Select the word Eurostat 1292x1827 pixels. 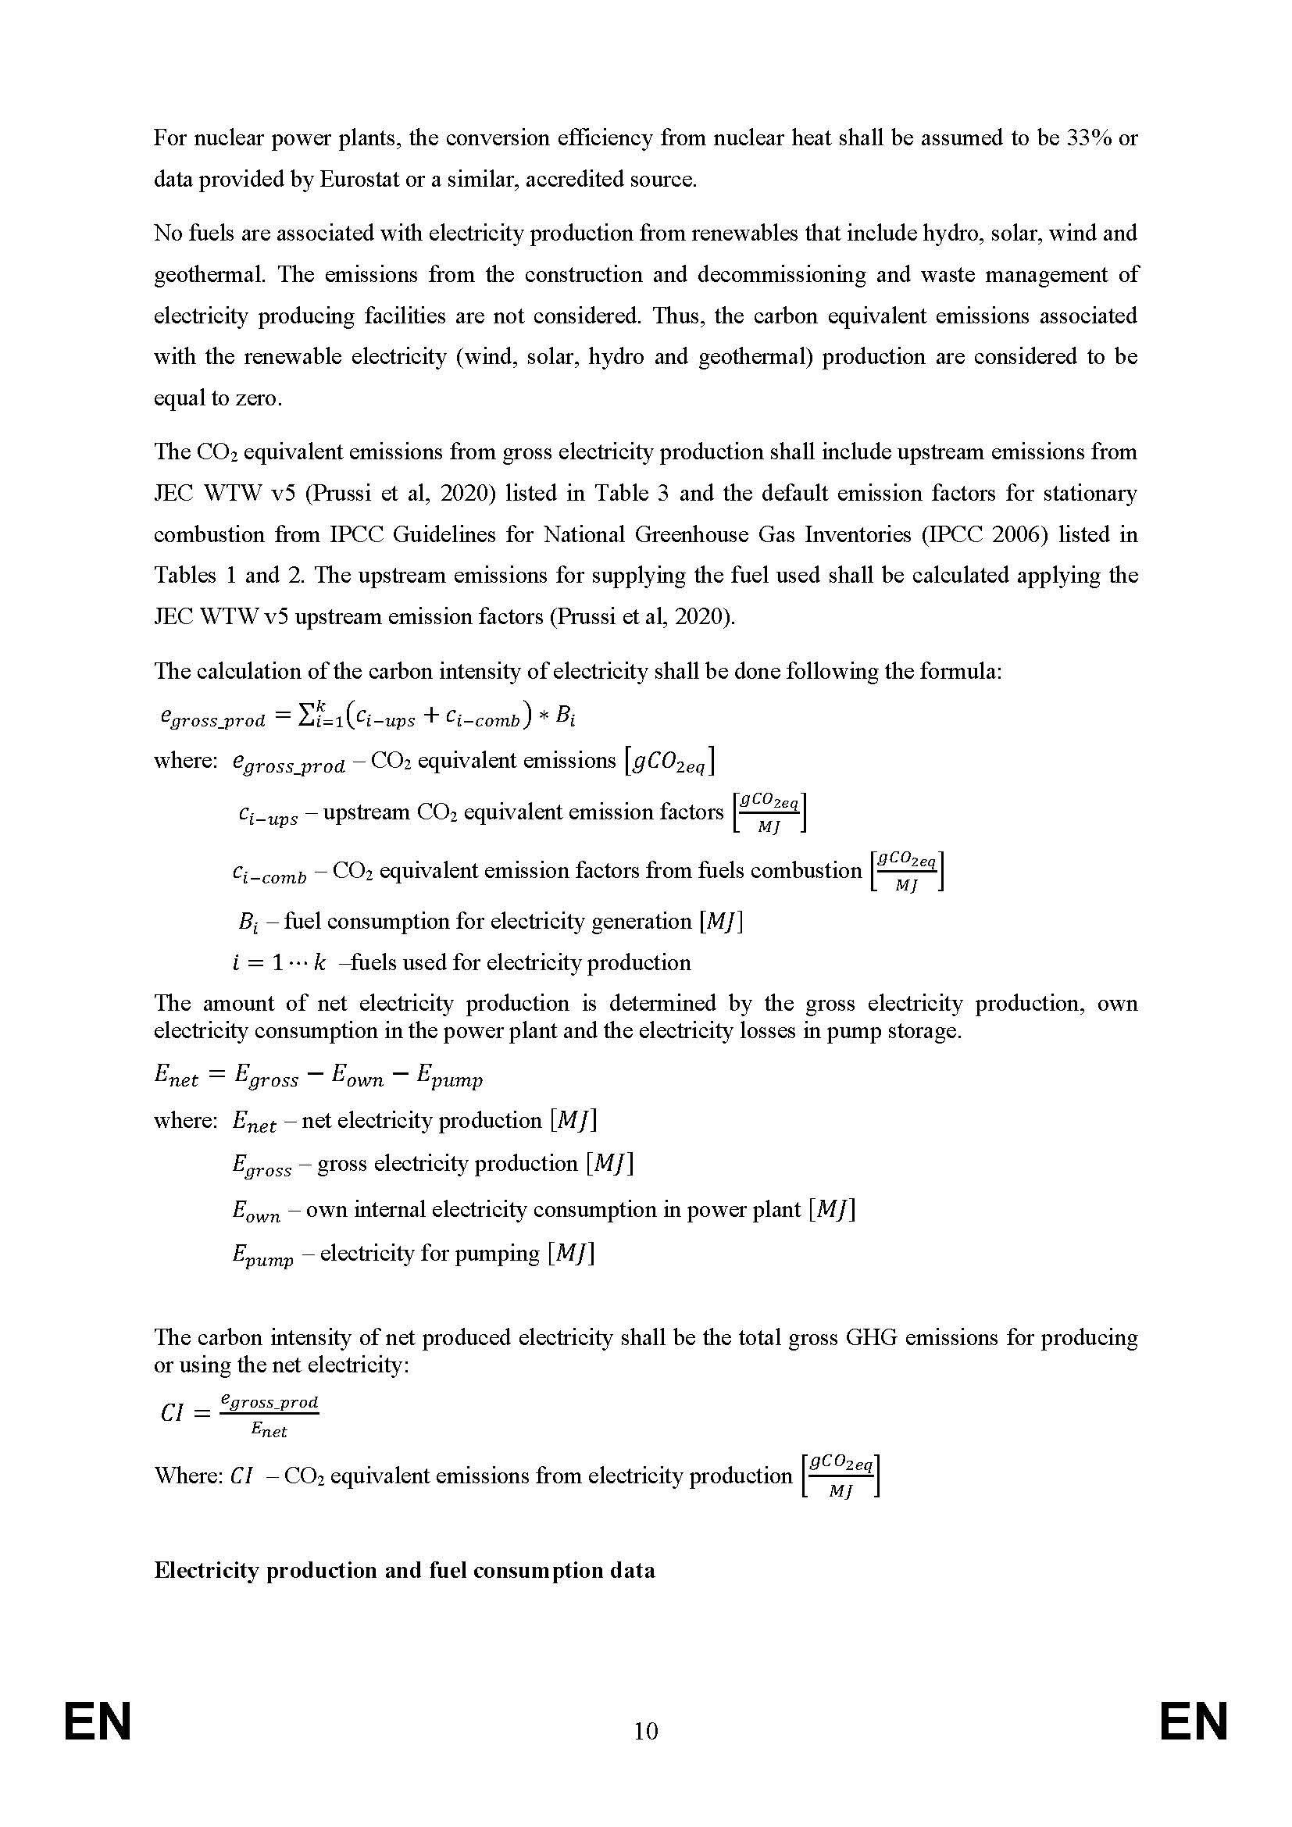click(x=359, y=180)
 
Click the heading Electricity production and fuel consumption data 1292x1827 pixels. click(x=404, y=1570)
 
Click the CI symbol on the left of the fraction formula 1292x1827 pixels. click(x=172, y=1413)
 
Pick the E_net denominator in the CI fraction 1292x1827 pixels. click(x=269, y=1430)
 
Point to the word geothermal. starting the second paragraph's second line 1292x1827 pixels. click(x=209, y=275)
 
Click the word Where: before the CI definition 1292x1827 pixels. click(x=187, y=1476)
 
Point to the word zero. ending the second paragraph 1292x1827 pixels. click(x=259, y=398)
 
